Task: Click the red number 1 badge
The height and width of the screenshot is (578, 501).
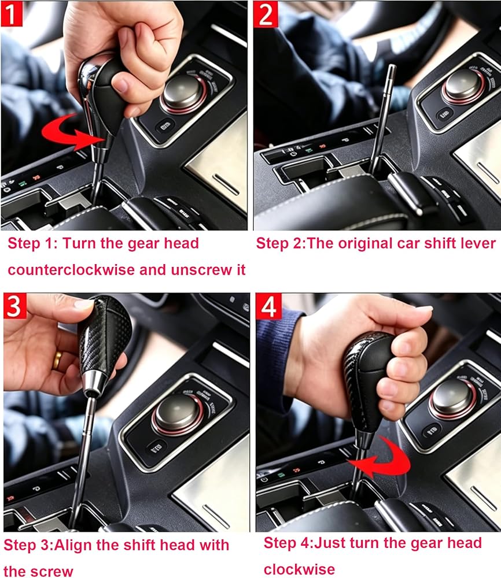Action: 12,14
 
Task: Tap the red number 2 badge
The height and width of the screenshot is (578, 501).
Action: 266,14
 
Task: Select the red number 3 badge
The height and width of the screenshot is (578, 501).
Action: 15,306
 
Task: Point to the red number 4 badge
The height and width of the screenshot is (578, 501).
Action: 268,306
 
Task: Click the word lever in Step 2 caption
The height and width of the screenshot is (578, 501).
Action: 478,244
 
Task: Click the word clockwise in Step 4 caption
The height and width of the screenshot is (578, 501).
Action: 299,569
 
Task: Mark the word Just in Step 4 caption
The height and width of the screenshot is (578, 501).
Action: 329,543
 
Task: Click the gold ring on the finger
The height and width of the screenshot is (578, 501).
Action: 57,360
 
